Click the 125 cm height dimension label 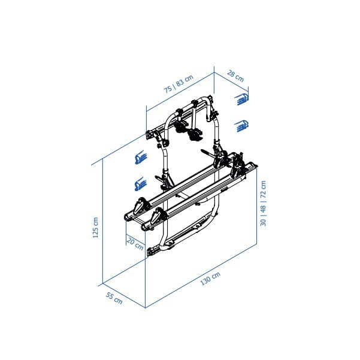click(95, 228)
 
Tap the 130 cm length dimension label click(210, 279)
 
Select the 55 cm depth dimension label click(114, 298)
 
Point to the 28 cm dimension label click(235, 76)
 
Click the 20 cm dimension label click(135, 244)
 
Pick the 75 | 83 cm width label click(179, 84)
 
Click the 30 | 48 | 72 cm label click(263, 204)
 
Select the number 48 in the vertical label click(263, 209)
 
